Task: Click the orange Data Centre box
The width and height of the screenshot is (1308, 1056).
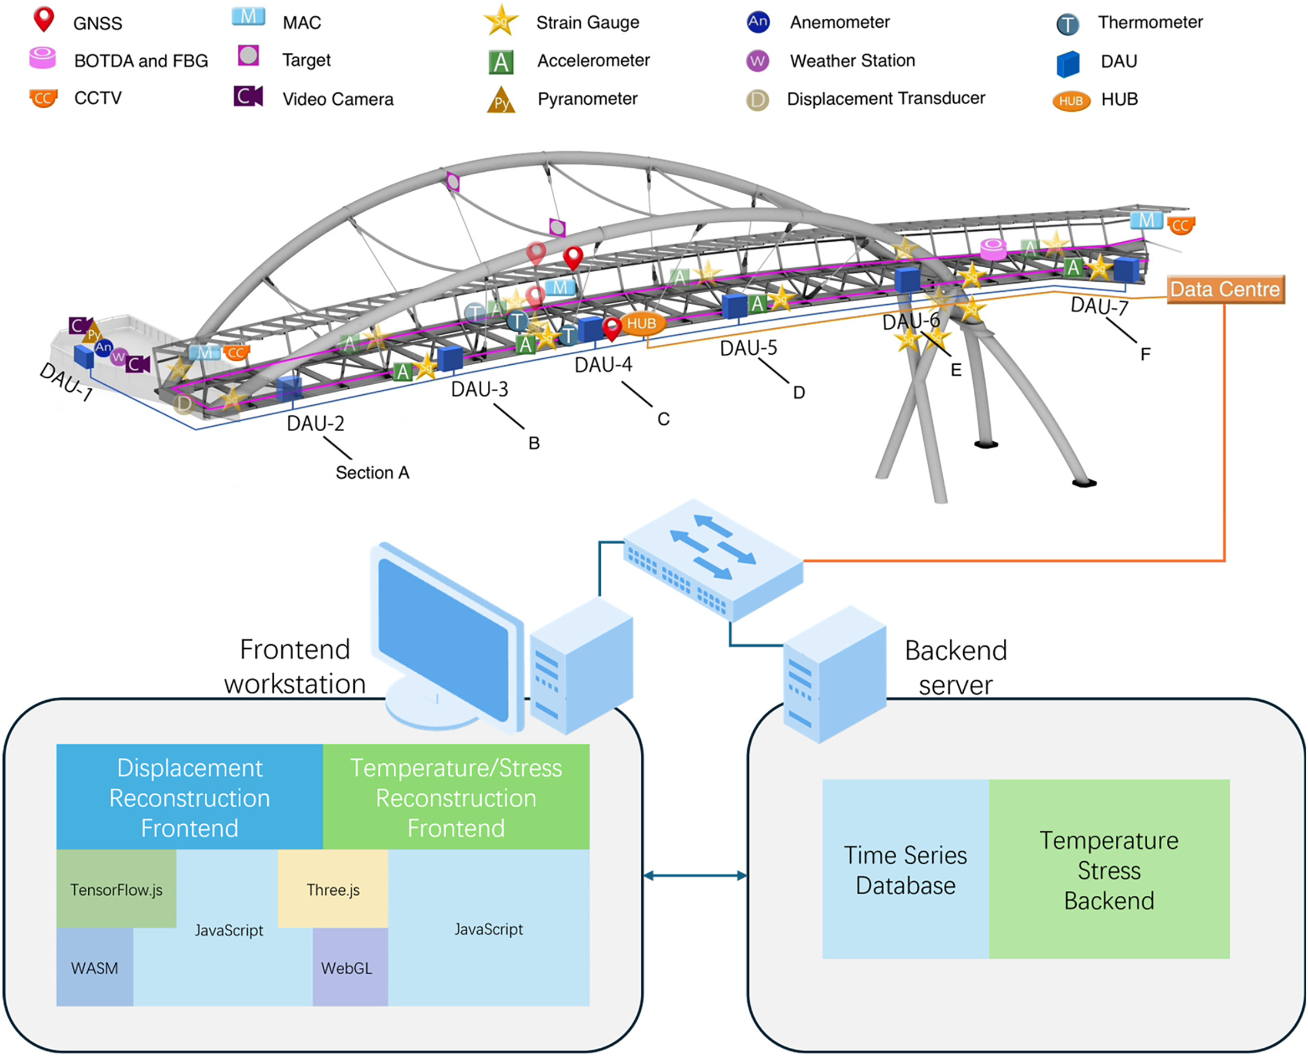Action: [1225, 289]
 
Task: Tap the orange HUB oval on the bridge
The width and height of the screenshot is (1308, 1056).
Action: [642, 324]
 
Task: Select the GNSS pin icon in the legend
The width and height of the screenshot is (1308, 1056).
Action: [44, 20]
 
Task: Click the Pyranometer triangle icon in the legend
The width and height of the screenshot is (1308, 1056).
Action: [501, 100]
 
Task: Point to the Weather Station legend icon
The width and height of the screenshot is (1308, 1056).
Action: [757, 61]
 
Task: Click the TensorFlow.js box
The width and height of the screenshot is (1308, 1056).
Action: [116, 889]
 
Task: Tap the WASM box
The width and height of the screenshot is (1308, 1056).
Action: [94, 967]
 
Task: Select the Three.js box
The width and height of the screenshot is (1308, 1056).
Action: [333, 889]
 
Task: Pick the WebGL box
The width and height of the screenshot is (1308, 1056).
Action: [351, 967]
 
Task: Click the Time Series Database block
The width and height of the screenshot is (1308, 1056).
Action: [906, 870]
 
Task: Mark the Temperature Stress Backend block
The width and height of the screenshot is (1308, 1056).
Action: [1109, 870]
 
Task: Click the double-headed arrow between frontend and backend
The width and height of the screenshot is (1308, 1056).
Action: [695, 876]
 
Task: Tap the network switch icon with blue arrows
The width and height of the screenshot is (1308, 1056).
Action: [713, 560]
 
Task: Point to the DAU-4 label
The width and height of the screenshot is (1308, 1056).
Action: [604, 365]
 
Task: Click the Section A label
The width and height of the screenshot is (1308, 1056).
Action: [372, 472]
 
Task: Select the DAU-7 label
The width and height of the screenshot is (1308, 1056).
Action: [1099, 306]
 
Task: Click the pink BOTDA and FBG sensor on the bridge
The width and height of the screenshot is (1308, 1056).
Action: [993, 249]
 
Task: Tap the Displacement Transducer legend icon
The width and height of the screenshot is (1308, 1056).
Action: [757, 100]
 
